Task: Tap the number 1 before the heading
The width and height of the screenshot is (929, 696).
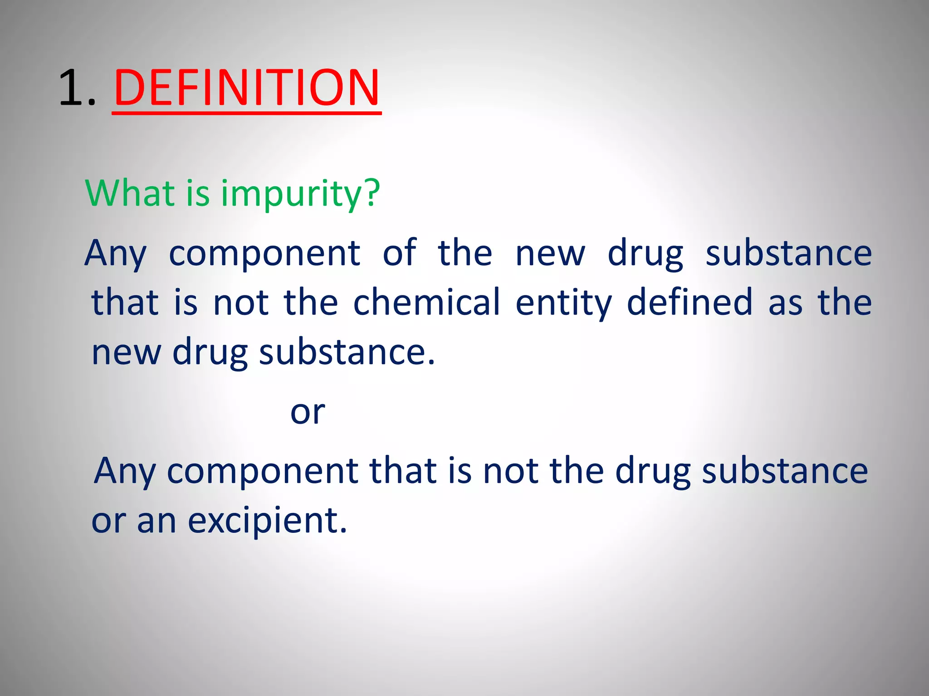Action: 73,88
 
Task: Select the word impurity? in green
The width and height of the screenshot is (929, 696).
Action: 300,194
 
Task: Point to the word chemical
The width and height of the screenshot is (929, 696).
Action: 426,302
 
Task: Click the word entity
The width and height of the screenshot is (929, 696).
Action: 563,303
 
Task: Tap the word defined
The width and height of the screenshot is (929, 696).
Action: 689,302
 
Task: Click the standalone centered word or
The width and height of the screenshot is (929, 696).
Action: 308,412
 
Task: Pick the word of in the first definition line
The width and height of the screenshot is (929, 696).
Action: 399,252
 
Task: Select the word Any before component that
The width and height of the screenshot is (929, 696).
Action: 125,471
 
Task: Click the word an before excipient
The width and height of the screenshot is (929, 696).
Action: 156,521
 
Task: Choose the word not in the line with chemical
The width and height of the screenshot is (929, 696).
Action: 240,303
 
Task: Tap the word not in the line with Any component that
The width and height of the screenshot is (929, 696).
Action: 510,471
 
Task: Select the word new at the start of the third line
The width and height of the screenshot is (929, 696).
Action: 126,353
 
